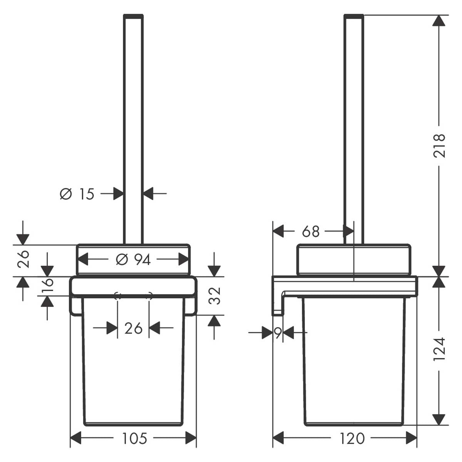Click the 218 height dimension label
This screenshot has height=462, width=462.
point(439,146)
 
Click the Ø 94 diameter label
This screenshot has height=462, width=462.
point(133,259)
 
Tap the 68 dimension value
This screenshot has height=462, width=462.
point(311,231)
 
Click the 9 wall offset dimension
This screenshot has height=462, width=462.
point(278,333)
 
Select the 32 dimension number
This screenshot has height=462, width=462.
point(214,296)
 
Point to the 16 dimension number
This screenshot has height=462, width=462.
point(47,286)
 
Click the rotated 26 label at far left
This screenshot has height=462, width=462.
point(23,259)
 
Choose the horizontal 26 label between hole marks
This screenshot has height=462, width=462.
point(133,328)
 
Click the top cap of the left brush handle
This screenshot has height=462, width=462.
point(133,16)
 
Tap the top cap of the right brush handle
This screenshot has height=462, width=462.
point(354,16)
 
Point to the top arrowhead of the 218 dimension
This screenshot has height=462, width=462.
point(439,20)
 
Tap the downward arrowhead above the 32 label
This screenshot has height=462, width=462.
point(214,271)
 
